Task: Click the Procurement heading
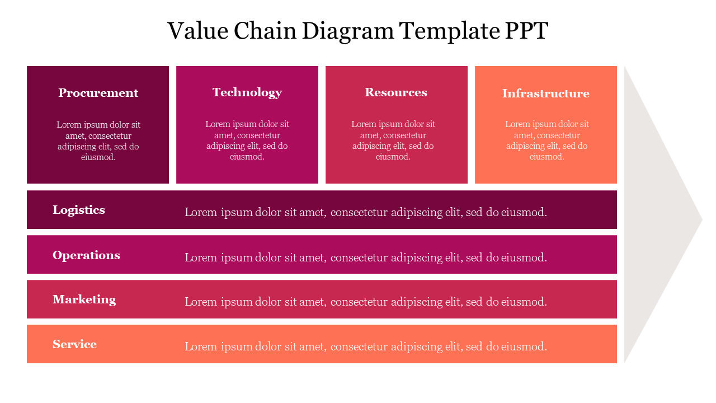point(98,93)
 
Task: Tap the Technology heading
point(247,92)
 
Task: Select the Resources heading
point(396,92)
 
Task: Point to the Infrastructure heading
point(545,93)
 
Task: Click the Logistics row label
point(79,210)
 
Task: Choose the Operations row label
point(86,255)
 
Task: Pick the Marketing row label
point(84,299)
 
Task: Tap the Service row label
point(74,344)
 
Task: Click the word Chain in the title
point(265,31)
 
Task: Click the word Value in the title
point(197,31)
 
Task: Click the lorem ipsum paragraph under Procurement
point(98,140)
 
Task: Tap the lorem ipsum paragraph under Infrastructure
point(547,140)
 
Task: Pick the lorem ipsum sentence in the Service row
point(366,347)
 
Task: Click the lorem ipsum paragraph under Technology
point(247,140)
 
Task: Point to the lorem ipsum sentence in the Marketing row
point(366,302)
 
